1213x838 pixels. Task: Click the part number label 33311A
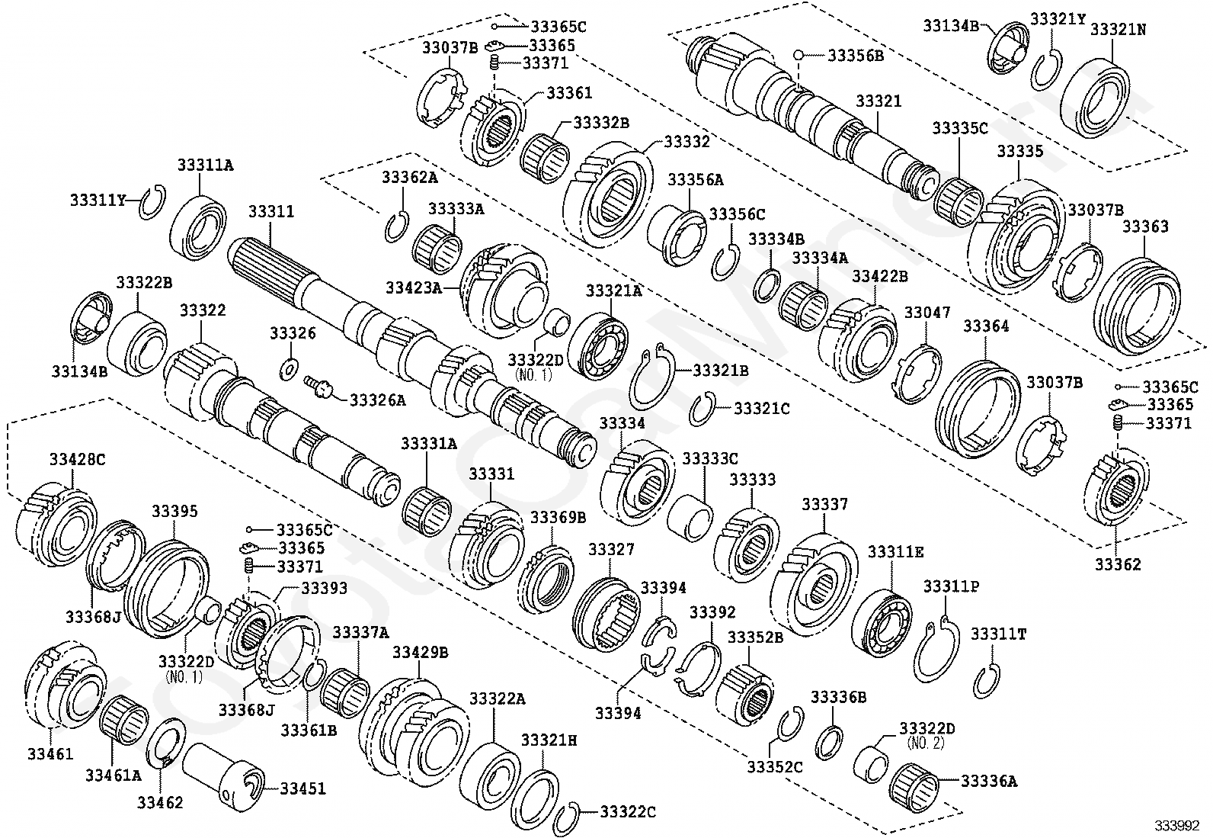coord(206,165)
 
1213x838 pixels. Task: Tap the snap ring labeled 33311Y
coord(153,203)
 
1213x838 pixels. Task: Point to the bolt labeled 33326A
coord(319,386)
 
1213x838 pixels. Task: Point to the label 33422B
coord(879,276)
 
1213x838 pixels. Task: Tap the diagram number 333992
coord(1178,826)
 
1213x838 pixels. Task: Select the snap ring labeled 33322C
coord(568,820)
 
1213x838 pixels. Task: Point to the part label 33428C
coord(78,459)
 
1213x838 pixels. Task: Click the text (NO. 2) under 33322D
coord(925,742)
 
